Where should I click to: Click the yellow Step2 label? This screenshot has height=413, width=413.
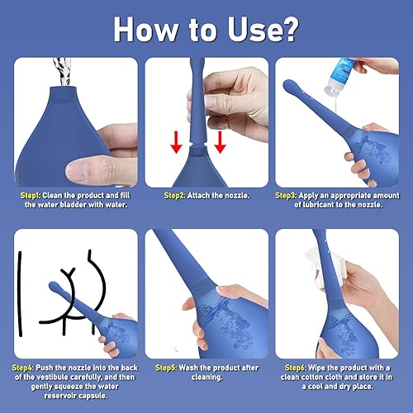tap(175, 195)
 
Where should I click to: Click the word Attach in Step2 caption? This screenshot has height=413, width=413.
tap(203, 195)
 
